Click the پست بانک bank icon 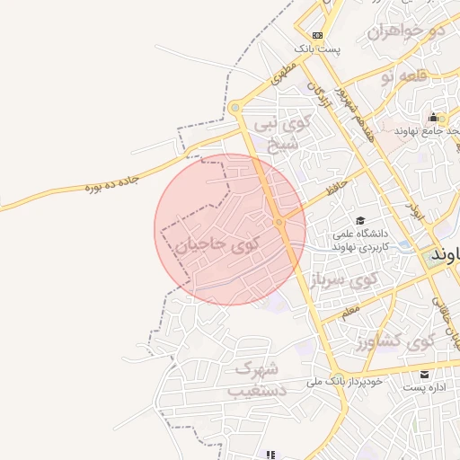click(x=317, y=35)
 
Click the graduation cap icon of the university click(x=360, y=221)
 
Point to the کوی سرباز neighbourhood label click(x=343, y=280)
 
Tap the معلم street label click(x=349, y=311)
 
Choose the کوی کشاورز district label click(x=394, y=342)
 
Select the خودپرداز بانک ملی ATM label click(x=345, y=381)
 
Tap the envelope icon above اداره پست click(x=424, y=374)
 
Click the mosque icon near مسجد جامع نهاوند click(x=433, y=118)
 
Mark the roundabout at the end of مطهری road click(x=235, y=108)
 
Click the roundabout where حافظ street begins click(x=280, y=221)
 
